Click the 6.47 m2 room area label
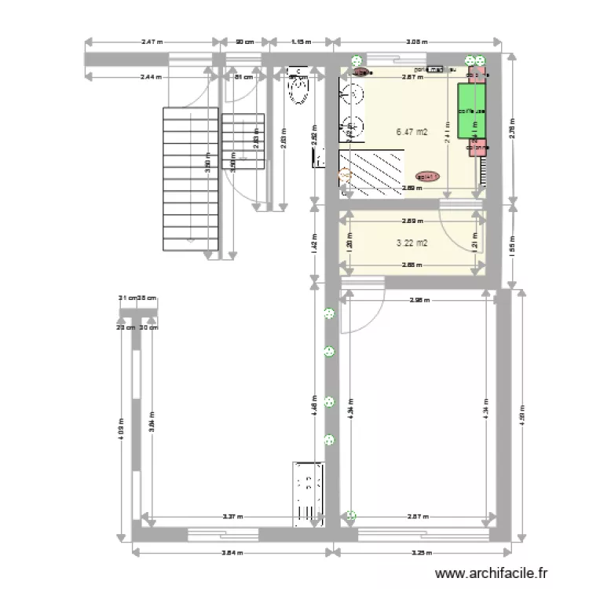pyautogui.click(x=412, y=132)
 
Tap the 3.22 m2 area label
pyautogui.click(x=412, y=243)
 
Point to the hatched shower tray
pyautogui.click(x=371, y=172)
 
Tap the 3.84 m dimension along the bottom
pyautogui.click(x=229, y=552)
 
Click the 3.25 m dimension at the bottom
pyautogui.click(x=422, y=552)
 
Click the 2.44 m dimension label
pyautogui.click(x=151, y=77)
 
